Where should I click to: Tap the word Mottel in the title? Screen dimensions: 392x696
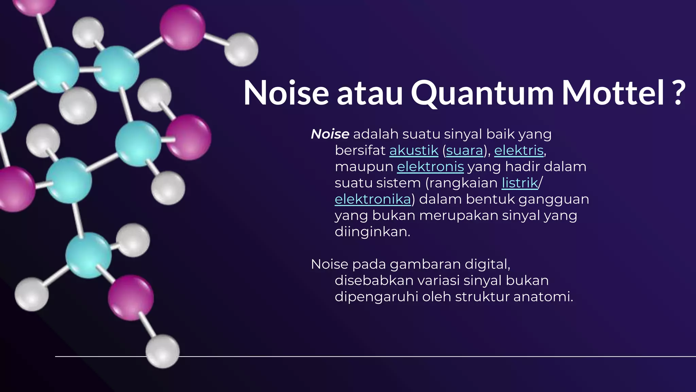point(613,93)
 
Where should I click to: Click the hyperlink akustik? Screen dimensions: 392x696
point(414,150)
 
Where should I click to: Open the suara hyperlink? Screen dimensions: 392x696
point(464,150)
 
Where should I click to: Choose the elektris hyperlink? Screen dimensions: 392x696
point(519,150)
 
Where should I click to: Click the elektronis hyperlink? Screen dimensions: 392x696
point(430,167)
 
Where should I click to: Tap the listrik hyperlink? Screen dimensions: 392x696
point(520,183)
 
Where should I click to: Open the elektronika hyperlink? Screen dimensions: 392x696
point(373,199)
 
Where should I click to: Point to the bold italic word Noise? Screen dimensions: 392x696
point(330,134)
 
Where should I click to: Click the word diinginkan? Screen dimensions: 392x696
point(372,232)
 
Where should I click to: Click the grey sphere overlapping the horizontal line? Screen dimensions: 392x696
point(162,351)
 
